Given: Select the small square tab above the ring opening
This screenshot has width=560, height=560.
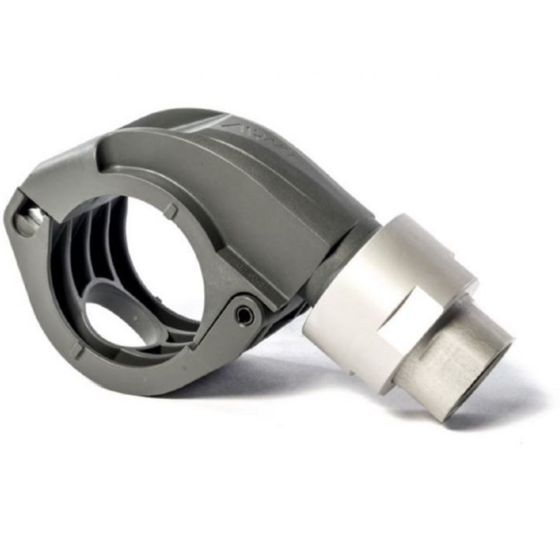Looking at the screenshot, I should (x=171, y=209).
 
